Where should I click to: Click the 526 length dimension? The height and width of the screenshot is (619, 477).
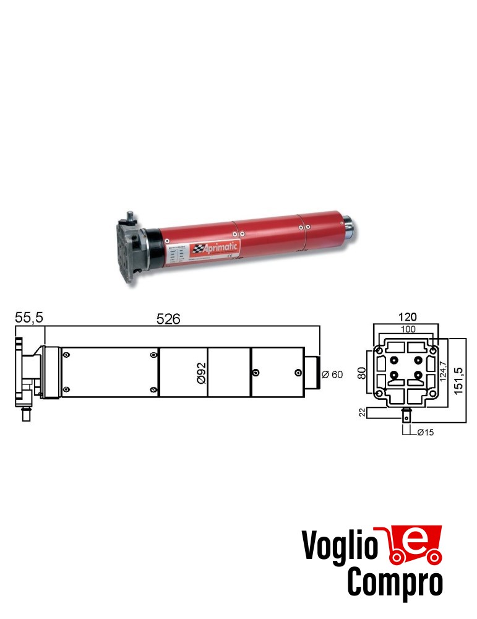168,319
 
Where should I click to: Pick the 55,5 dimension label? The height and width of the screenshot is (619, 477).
29,318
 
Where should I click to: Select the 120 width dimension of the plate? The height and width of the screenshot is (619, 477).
406,317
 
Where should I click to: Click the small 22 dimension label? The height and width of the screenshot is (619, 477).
363,412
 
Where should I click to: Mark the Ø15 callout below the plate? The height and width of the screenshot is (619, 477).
425,432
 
